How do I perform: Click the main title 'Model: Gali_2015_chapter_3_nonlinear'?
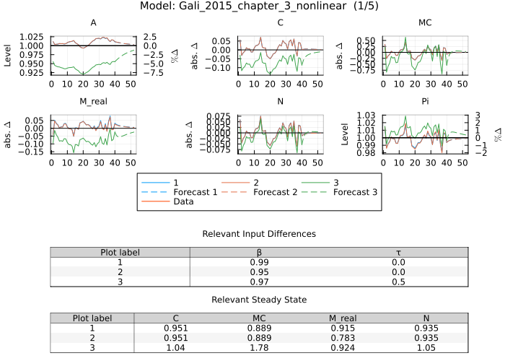251,6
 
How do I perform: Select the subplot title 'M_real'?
93,101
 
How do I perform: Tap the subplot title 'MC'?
425,23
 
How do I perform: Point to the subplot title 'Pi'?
425,101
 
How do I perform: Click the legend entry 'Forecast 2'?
261,192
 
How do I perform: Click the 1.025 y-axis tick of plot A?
32,36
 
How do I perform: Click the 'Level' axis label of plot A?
8,54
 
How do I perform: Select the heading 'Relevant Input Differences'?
258,234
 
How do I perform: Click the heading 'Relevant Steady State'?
258,300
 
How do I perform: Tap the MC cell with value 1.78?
260,347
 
